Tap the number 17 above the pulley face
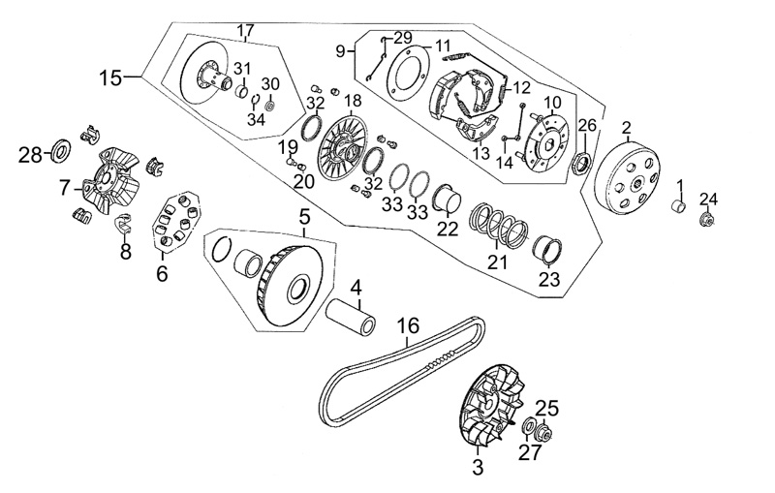(245, 30)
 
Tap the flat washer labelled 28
(59, 150)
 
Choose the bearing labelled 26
(583, 161)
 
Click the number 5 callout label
(303, 215)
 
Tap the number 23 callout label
(549, 280)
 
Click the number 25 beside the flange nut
(547, 407)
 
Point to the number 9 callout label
(340, 50)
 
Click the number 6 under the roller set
(162, 274)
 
